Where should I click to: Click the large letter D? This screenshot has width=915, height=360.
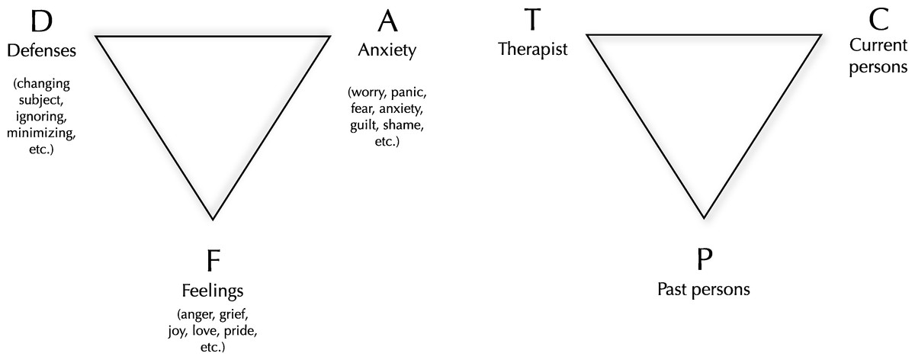[x=41, y=21]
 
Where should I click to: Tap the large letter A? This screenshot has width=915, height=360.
[x=387, y=21]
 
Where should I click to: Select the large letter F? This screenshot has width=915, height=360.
[x=213, y=260]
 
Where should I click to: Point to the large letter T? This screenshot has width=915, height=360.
[x=532, y=19]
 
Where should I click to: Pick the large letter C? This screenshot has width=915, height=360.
[x=878, y=19]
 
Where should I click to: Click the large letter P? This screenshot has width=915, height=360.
[x=705, y=259]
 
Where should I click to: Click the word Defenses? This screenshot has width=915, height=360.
[x=42, y=50]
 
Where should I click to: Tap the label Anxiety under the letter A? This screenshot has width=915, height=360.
[x=387, y=50]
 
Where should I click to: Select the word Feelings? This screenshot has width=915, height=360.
[x=213, y=291]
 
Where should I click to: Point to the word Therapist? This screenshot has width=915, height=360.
[x=533, y=49]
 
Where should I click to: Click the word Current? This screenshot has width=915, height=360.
[x=878, y=45]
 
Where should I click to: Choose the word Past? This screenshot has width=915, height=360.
[x=673, y=289]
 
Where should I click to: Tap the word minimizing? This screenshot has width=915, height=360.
[x=41, y=133]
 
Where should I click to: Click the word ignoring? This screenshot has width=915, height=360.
[x=41, y=117]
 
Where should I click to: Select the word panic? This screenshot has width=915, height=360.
[x=409, y=93]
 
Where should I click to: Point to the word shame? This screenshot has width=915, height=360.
[x=403, y=125]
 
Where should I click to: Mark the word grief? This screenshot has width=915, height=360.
[x=233, y=314]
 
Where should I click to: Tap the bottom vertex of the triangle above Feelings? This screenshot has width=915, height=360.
[x=213, y=220]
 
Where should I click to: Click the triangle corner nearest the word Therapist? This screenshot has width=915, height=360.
[x=587, y=35]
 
